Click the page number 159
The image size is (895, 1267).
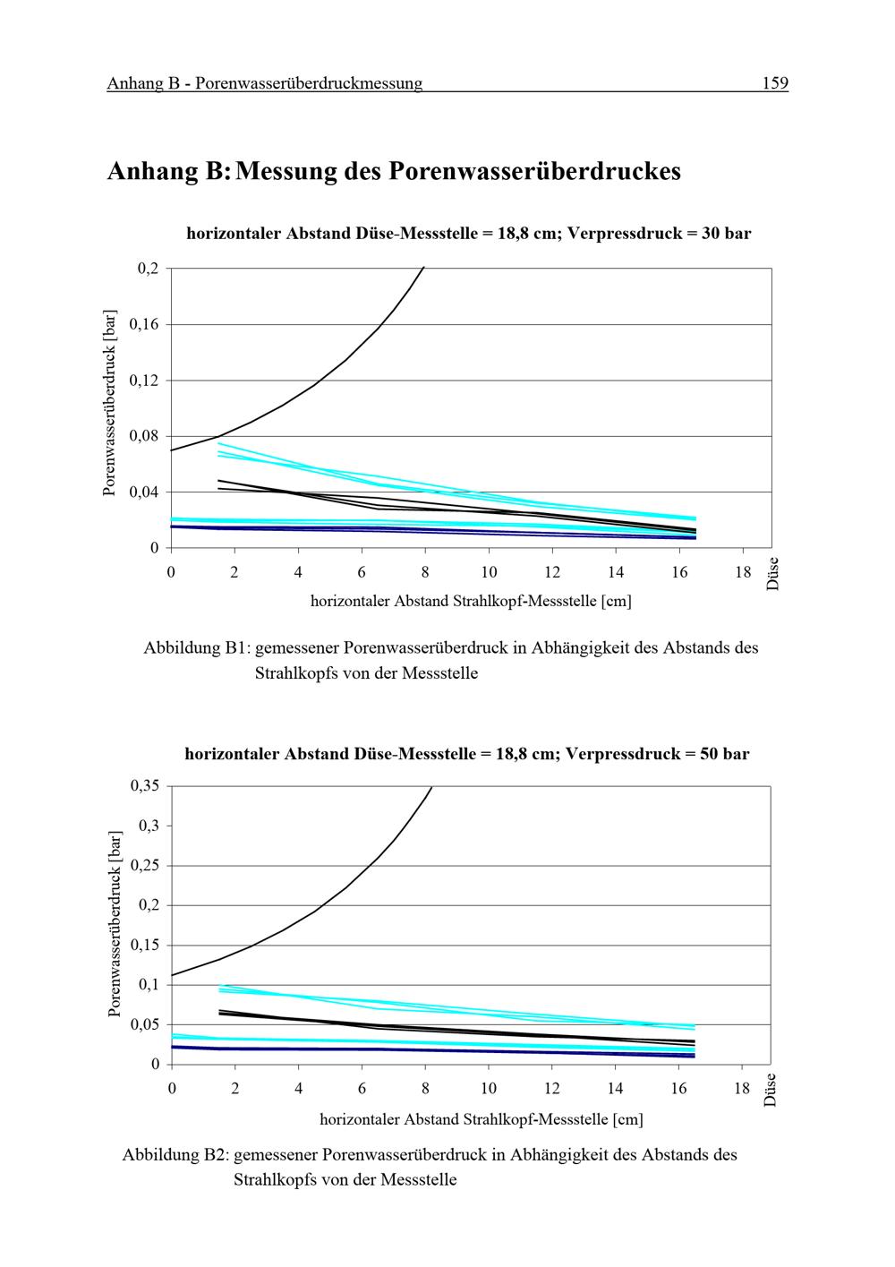coord(774,83)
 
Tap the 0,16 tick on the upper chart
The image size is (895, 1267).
coord(144,324)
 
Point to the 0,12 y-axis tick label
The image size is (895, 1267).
coord(144,380)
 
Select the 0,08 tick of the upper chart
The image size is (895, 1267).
coord(144,435)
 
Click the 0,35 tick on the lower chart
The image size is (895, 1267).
coord(145,785)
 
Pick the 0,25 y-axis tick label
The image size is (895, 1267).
coord(145,865)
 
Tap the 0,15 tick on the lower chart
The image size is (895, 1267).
coord(145,946)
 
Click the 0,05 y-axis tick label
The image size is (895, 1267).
coord(145,1024)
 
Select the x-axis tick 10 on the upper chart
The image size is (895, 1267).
coord(489,572)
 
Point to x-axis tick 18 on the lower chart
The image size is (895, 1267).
coord(742,1088)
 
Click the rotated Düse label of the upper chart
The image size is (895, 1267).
coord(772,574)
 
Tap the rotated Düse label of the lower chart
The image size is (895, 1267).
coord(770,1090)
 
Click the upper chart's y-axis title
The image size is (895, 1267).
coord(110,403)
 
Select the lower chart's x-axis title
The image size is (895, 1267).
coord(482,1119)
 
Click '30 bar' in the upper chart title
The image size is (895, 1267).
coord(727,233)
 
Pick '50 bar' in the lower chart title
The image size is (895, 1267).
coord(725,753)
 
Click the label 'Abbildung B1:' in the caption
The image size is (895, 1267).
coord(197,647)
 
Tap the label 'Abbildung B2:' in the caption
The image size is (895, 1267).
coord(175,1154)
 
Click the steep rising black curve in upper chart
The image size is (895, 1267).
coord(315,385)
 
